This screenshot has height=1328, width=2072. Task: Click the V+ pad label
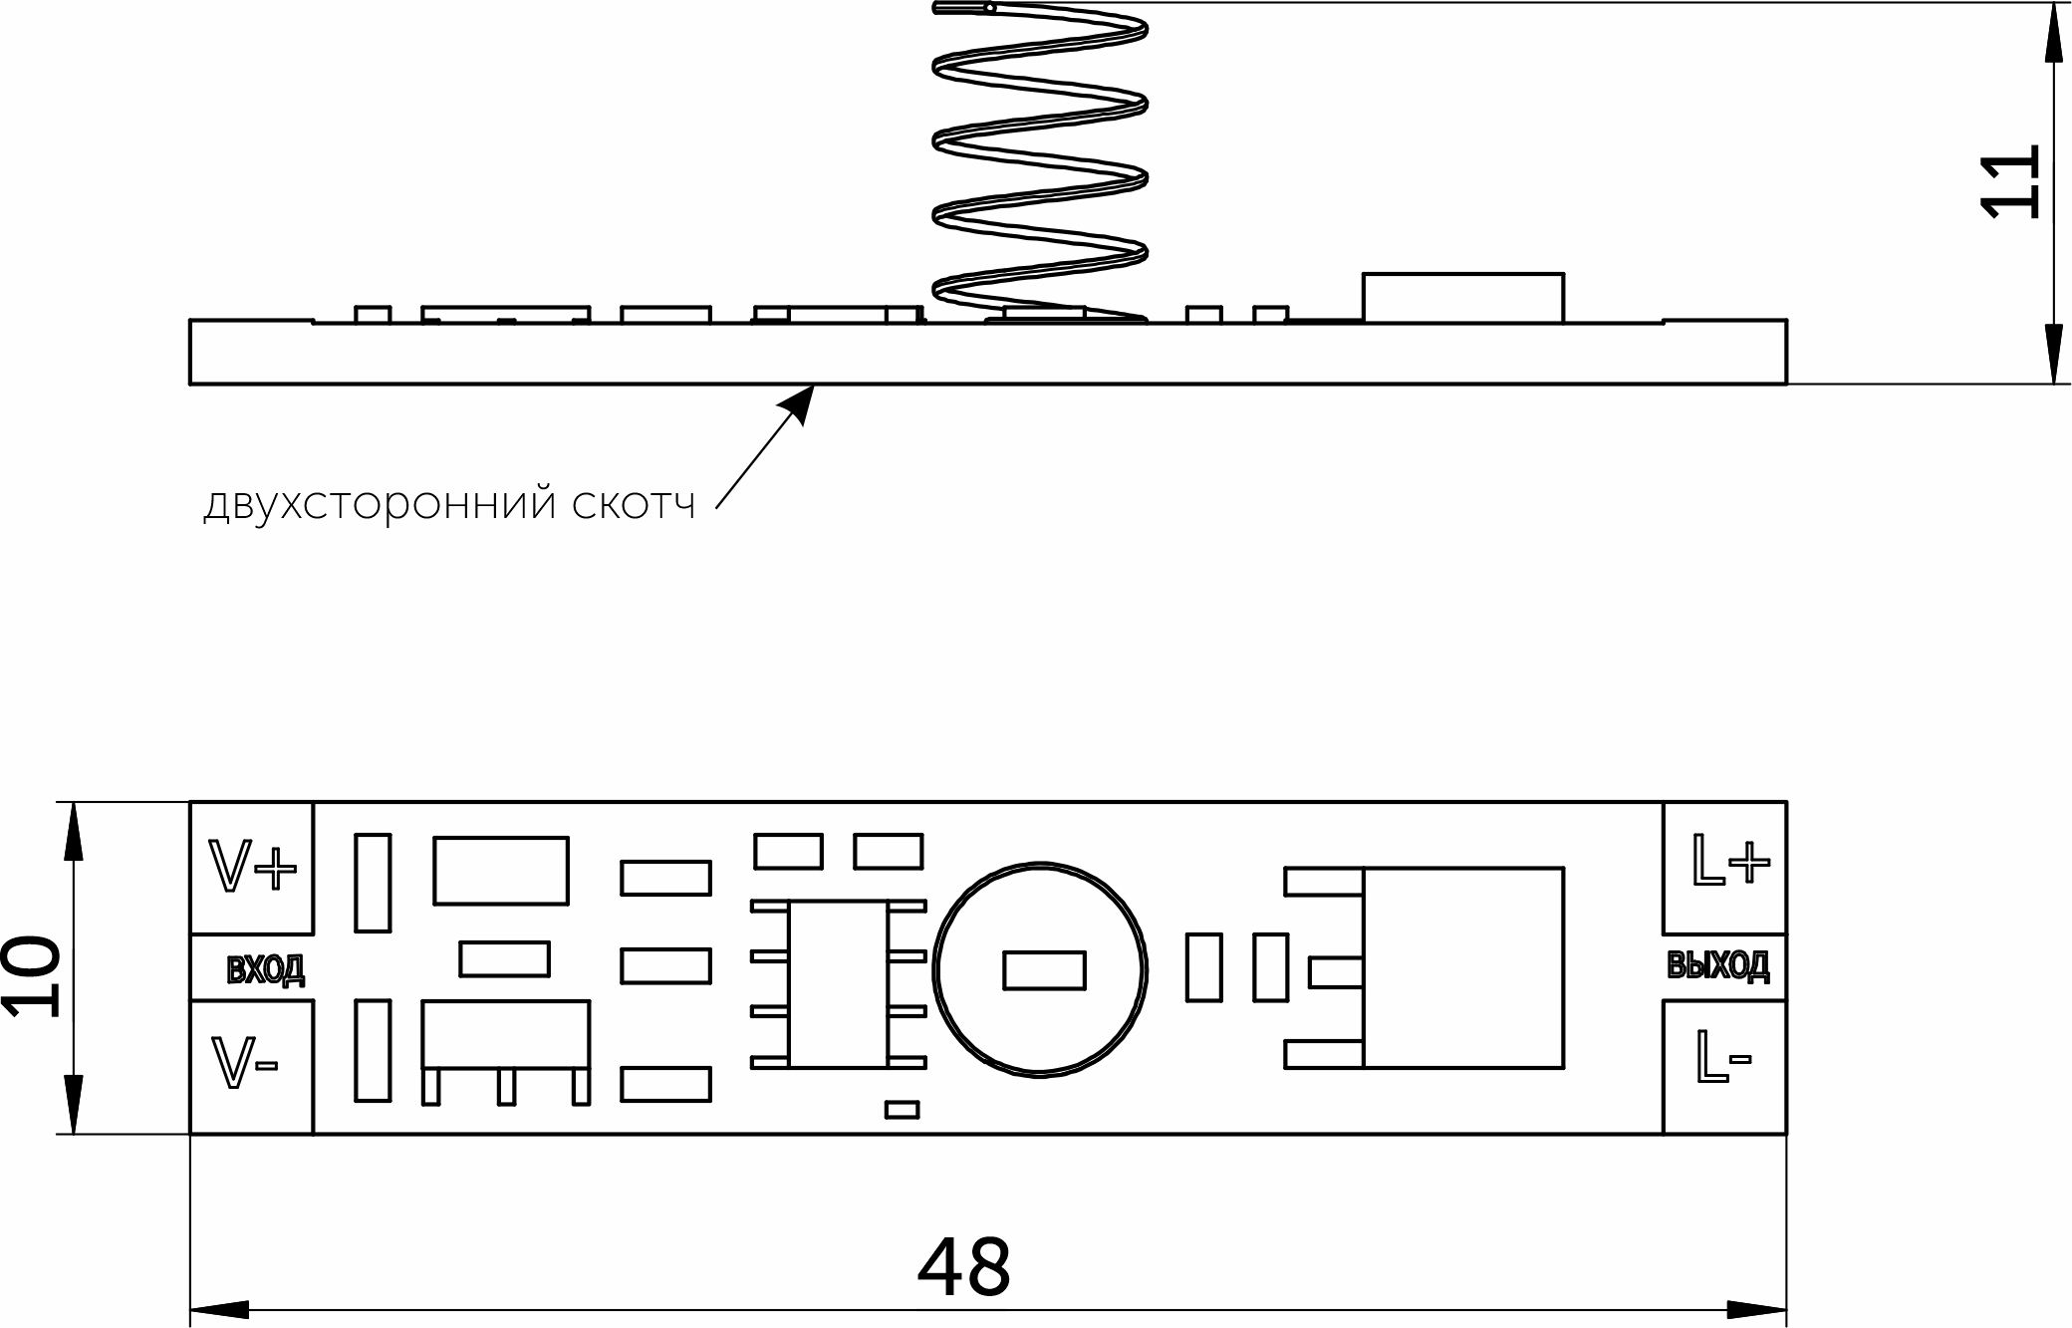pyautogui.click(x=252, y=867)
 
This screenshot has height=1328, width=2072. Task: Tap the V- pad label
pyautogui.click(x=244, y=1063)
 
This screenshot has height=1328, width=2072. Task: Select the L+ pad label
pyautogui.click(x=1731, y=863)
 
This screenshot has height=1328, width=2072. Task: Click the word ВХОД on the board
pyautogui.click(x=265, y=969)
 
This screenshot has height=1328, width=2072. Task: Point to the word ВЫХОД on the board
pyautogui.click(x=1718, y=965)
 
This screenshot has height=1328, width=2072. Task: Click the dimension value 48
pyautogui.click(x=963, y=1268)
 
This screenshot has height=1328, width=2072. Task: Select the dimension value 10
pyautogui.click(x=32, y=977)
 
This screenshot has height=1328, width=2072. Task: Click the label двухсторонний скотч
pyautogui.click(x=449, y=505)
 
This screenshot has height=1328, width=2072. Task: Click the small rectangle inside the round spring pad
pyautogui.click(x=1044, y=970)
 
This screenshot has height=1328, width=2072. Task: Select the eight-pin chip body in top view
pyautogui.click(x=838, y=984)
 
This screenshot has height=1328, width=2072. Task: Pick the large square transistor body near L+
pyautogui.click(x=1462, y=967)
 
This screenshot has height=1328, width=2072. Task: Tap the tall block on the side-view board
pyautogui.click(x=1462, y=297)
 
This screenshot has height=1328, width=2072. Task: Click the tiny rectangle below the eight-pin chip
pyautogui.click(x=902, y=1110)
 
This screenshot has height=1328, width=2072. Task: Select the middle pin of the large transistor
pyautogui.click(x=1335, y=972)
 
